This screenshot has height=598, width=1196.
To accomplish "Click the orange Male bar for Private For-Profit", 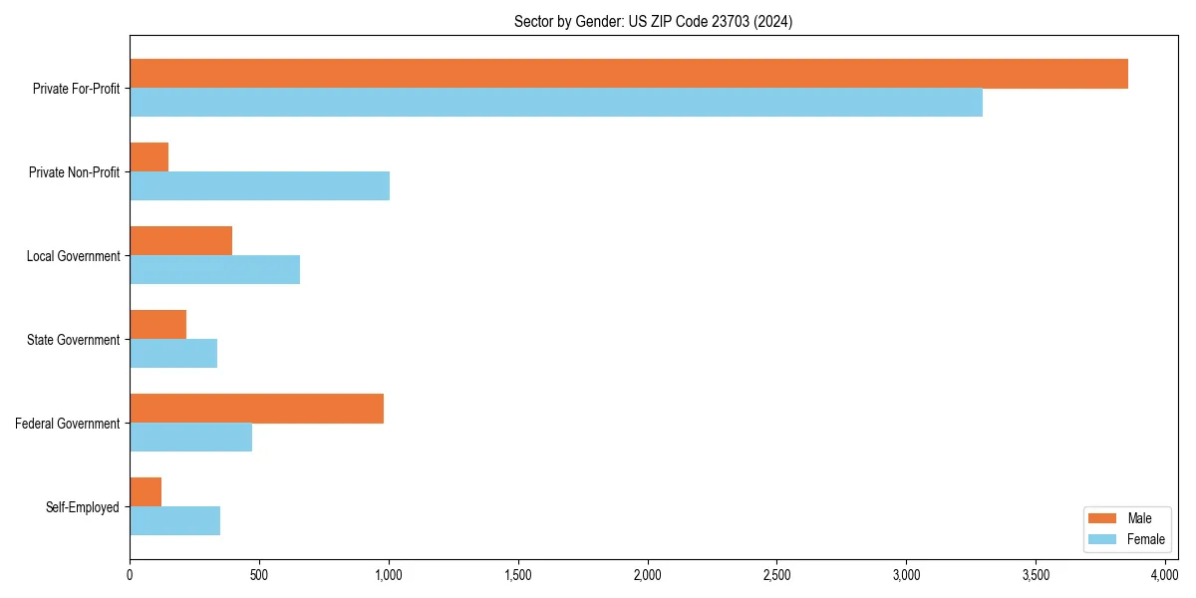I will [628, 74].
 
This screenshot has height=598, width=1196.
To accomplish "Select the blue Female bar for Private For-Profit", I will [556, 103].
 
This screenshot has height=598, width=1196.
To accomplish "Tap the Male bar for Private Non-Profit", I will [149, 157].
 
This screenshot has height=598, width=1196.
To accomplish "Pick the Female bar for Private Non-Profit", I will [259, 186].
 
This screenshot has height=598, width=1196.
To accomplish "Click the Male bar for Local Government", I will [180, 241].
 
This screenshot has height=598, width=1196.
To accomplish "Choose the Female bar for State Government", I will [173, 354].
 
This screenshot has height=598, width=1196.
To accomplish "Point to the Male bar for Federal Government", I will [256, 409].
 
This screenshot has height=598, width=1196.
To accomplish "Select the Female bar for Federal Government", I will [190, 438].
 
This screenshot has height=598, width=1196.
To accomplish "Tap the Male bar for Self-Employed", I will [146, 492].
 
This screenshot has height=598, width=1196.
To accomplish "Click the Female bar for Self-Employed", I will [174, 521].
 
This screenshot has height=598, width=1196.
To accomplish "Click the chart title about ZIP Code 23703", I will [653, 21].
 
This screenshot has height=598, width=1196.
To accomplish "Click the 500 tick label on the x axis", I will [259, 575].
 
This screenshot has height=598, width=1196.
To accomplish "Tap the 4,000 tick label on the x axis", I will [1165, 575].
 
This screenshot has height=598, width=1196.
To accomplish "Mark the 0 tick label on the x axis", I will [130, 575].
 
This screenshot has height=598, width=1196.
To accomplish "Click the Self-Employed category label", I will [83, 507].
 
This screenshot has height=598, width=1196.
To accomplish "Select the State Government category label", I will [74, 340].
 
